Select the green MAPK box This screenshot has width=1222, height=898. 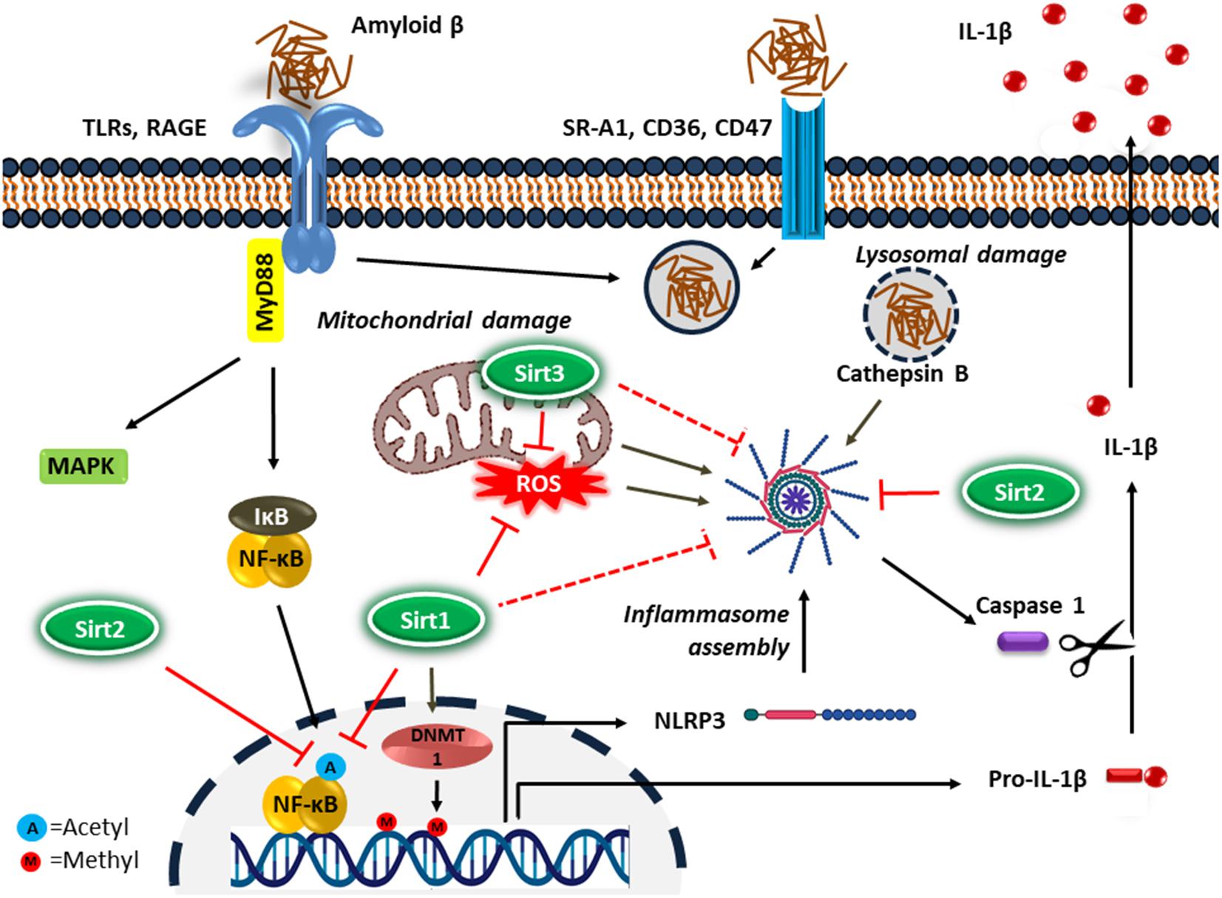click(x=81, y=466)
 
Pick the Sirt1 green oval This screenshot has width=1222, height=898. click(x=425, y=620)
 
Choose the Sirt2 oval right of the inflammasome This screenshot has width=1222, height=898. click(x=1018, y=492)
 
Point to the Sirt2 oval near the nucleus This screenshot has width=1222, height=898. click(x=99, y=628)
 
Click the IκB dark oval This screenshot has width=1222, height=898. click(x=271, y=517)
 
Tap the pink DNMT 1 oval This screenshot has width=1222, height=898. click(x=436, y=746)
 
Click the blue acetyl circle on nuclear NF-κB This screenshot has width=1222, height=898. click(x=330, y=768)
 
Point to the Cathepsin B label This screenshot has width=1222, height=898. click(x=902, y=374)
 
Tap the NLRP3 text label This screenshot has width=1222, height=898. click(x=689, y=720)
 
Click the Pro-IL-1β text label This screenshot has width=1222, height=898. click(x=1037, y=780)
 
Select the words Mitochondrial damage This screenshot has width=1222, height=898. click(x=444, y=320)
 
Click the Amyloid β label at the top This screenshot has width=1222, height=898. click(x=407, y=26)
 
